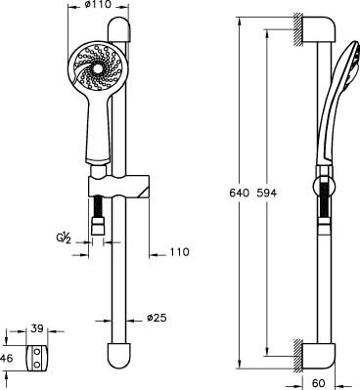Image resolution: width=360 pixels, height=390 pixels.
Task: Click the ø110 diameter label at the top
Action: coord(98,5)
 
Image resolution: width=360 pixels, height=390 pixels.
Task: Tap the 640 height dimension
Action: coord(239,193)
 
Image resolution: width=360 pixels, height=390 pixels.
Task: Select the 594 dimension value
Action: coord(266,193)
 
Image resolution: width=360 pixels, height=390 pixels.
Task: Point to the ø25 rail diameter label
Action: coord(157,318)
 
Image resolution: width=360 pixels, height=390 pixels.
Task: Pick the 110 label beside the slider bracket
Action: coord(179,252)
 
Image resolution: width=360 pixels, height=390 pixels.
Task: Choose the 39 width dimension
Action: coord(37,328)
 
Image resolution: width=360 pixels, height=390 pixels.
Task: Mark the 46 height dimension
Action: coord(7,359)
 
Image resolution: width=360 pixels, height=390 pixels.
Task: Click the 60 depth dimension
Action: coord(319,382)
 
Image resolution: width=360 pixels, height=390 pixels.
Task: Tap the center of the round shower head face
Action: coord(98,68)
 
